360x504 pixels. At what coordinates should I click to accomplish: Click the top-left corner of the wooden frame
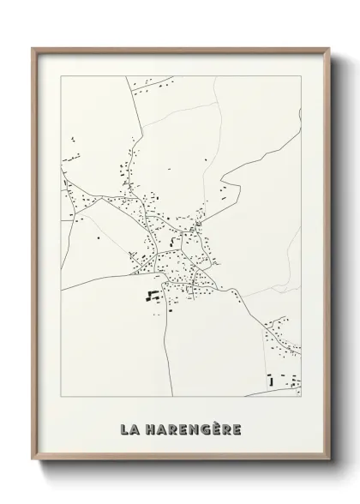pos(33,48)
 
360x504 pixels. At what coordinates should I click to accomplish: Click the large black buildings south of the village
pos(153,297)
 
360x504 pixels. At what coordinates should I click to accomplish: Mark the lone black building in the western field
pos(99,237)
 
